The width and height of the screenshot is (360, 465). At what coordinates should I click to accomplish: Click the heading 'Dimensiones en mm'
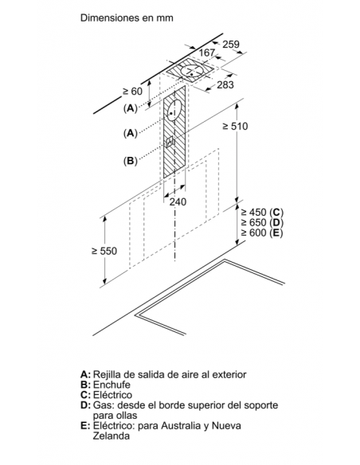127,18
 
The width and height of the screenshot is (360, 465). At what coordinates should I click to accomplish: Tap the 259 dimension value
231,44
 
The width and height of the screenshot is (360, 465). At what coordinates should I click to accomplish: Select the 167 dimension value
206,53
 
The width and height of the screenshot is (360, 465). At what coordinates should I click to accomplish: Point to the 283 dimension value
225,85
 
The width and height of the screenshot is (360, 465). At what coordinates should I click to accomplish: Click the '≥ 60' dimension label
132,92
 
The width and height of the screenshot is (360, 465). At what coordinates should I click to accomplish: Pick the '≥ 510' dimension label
235,127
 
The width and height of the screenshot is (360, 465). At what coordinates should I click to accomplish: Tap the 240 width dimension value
178,202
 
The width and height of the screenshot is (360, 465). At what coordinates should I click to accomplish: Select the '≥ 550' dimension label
104,251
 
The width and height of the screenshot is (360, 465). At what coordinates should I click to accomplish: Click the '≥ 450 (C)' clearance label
262,213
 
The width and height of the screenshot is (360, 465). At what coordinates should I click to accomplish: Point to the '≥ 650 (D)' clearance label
262,222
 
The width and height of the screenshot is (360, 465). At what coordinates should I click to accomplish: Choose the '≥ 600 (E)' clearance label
262,232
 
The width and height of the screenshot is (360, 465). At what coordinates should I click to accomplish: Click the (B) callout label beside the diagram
131,161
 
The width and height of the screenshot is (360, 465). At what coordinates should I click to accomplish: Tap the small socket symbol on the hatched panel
170,141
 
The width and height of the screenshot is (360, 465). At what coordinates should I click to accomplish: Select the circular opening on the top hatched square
192,71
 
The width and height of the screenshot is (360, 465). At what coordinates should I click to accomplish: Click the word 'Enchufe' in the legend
112,385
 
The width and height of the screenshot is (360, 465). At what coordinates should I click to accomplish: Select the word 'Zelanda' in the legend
112,436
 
